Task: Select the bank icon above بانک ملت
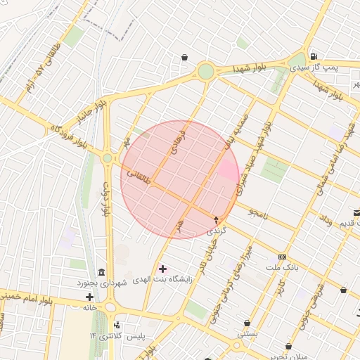(283, 257)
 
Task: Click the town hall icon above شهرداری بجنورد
(103, 273)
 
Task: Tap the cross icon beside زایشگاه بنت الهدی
(164, 269)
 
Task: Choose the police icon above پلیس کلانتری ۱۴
(117, 326)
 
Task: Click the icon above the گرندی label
(216, 221)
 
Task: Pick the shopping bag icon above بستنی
(247, 323)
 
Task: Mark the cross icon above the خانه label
(89, 297)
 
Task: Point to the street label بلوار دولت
(108, 200)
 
